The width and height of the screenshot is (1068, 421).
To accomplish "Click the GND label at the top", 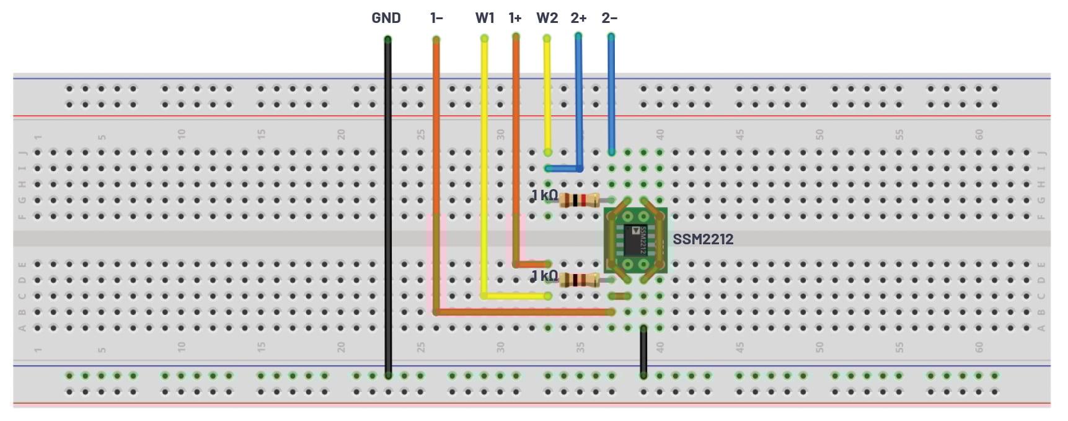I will click(386, 18).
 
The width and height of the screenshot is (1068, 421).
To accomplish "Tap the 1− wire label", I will click(436, 18).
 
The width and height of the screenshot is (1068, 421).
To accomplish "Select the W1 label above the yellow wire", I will click(485, 18).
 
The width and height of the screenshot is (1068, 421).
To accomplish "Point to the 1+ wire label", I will click(515, 18).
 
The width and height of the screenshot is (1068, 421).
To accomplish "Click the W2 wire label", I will click(547, 18).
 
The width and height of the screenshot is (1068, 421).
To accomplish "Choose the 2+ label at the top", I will click(578, 18).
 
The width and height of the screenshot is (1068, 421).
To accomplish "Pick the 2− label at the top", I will click(609, 18).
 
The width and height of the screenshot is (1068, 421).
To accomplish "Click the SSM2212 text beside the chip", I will click(703, 239).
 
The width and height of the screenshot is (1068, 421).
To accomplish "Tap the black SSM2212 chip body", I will click(635, 241).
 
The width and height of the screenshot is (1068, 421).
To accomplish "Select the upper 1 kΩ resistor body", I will click(579, 200).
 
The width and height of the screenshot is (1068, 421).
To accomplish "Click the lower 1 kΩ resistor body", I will click(579, 280).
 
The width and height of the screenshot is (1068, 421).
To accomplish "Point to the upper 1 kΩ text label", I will click(544, 195).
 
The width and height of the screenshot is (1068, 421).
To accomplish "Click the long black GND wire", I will click(388, 205).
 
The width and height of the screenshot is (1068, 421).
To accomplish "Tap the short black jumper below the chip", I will click(643, 352).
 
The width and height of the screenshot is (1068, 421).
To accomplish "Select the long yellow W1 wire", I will click(484, 167).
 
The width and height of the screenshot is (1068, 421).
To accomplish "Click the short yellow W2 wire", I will click(547, 93).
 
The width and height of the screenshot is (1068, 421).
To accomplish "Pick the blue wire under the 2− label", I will click(611, 93).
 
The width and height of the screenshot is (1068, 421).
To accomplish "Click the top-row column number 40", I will click(660, 134).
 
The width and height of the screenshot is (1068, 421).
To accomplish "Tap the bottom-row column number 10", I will click(181, 347).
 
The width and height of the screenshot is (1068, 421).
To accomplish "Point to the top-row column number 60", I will click(979, 134).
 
